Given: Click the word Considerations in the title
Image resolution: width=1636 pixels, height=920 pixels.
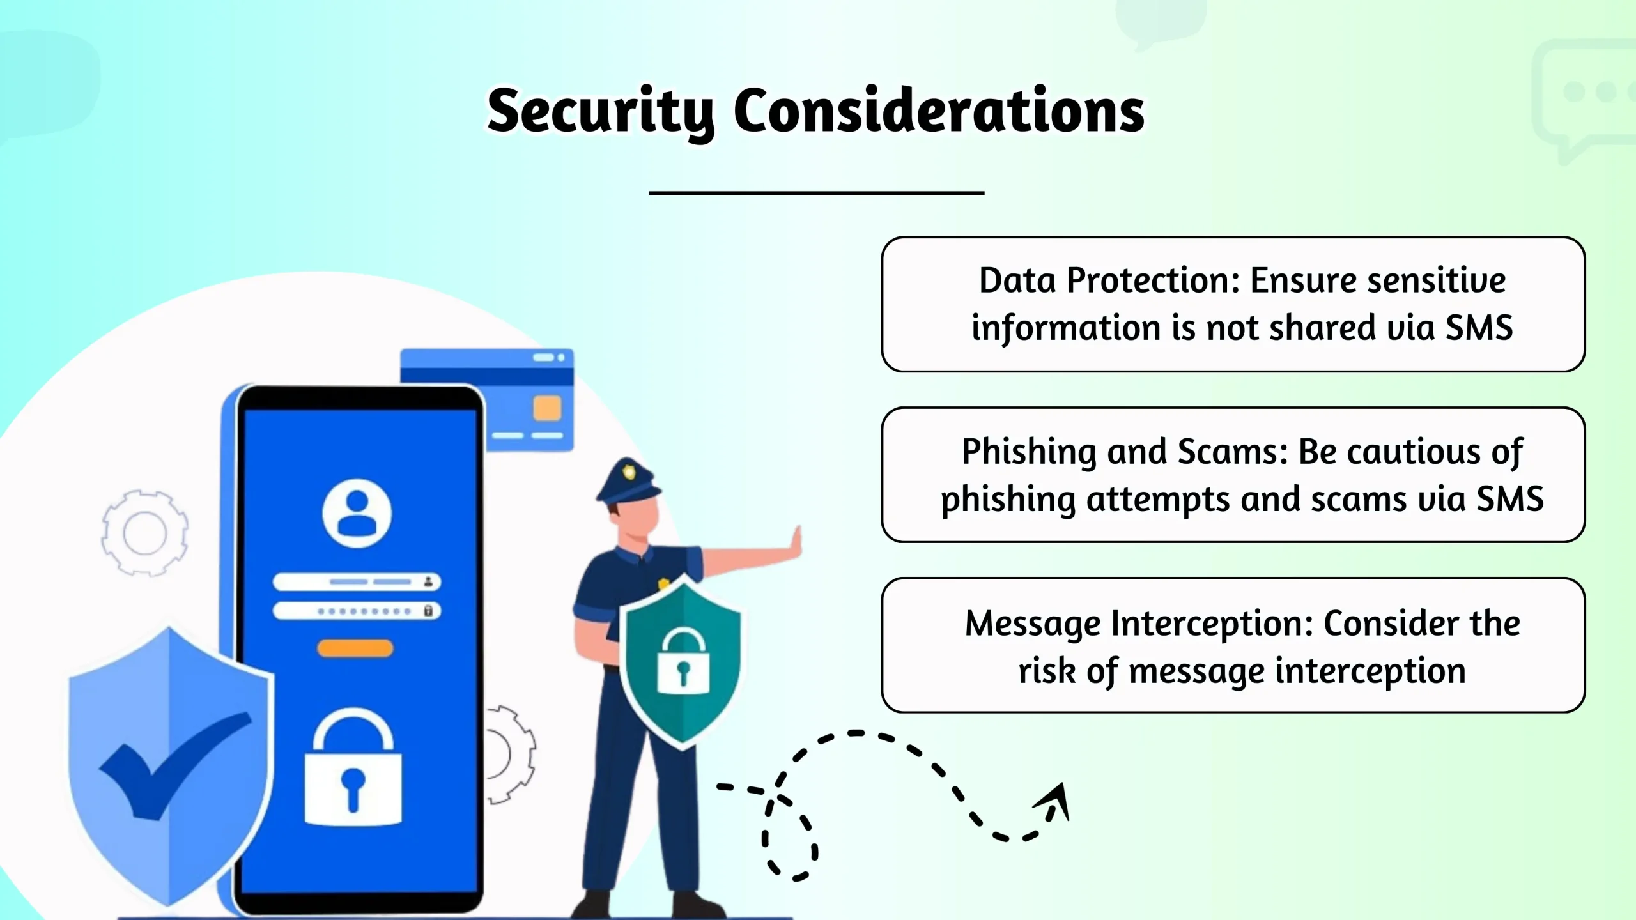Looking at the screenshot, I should (938, 112).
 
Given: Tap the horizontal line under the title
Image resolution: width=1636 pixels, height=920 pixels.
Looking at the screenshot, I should (816, 192).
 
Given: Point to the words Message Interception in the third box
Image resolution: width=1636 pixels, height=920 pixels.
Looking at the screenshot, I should (1138, 624).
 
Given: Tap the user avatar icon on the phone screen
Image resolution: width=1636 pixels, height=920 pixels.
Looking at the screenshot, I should (357, 513).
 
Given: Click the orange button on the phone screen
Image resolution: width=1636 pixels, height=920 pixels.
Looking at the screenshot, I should (355, 648).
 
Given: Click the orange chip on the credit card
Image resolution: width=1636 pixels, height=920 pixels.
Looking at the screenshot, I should (546, 408).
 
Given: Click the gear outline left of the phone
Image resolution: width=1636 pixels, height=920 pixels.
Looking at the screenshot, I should (145, 533).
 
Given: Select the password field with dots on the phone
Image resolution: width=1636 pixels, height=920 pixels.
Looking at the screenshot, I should (357, 611).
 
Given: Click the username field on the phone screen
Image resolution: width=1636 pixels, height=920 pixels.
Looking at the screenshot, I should (357, 582).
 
